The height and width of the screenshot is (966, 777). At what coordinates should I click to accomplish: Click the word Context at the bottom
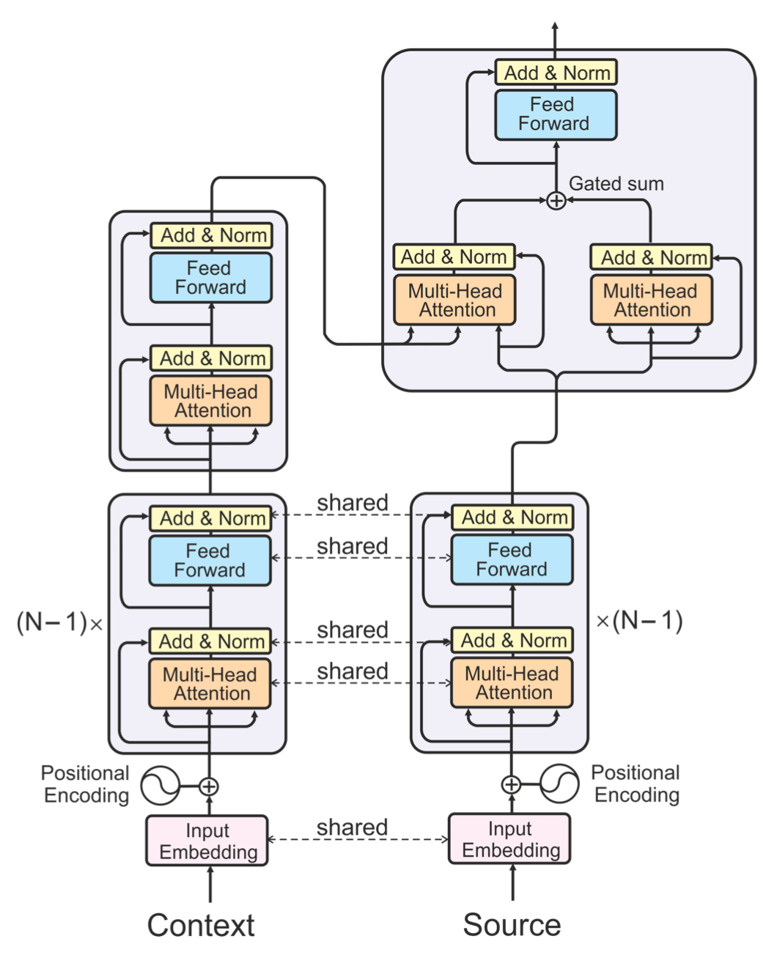coord(201,926)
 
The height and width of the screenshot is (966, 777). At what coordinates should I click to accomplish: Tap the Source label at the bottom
coord(512,925)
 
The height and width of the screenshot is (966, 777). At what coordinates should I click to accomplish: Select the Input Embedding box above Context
coord(207,841)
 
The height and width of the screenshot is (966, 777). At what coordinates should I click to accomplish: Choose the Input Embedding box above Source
coord(510,839)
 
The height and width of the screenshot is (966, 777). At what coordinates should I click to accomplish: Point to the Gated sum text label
coord(616,184)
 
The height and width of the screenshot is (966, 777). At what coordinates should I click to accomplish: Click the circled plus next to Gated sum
coord(556,200)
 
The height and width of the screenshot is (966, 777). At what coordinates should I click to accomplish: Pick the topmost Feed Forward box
coord(556,114)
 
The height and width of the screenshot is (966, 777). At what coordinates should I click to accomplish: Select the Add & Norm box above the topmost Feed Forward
coord(556,73)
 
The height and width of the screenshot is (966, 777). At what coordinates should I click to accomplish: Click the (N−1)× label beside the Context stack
coord(59,623)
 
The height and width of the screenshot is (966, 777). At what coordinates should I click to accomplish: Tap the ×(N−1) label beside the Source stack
coord(639,622)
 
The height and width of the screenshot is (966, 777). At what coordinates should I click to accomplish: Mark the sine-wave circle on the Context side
coord(161,786)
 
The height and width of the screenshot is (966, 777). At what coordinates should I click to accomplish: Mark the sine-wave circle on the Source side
coord(559,784)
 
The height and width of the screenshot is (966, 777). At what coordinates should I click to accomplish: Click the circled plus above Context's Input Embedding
coord(210,786)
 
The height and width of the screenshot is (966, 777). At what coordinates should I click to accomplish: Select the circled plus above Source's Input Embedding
coord(511,785)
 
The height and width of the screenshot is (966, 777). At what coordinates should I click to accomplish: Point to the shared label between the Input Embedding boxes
coord(352,827)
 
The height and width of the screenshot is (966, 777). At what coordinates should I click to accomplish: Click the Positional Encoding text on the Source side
coord(636,784)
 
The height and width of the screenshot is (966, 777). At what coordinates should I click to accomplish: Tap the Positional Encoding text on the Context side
coord(86,784)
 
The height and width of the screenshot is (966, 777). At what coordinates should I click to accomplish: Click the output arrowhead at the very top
coord(556,26)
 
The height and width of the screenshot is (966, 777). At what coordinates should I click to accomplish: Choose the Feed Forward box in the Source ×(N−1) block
coord(512,560)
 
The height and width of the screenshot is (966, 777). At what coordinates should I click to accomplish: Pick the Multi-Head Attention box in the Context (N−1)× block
coord(210,684)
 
